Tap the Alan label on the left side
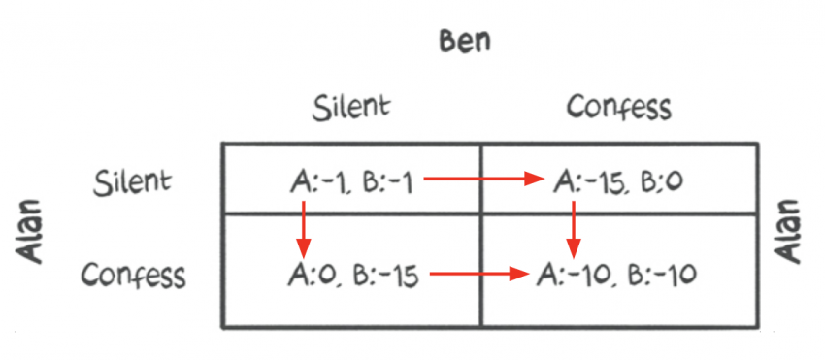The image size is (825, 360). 33,232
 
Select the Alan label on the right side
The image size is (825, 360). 790,232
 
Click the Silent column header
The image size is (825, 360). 352,107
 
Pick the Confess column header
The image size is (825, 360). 618,107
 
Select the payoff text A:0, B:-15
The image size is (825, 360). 353,275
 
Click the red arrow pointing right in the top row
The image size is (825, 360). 483,179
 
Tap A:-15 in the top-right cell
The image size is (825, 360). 587,180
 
